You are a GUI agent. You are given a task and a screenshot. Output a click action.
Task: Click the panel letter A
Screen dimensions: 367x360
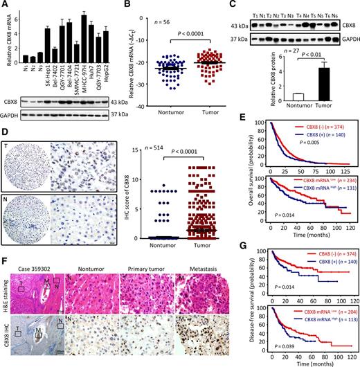(6, 6)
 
